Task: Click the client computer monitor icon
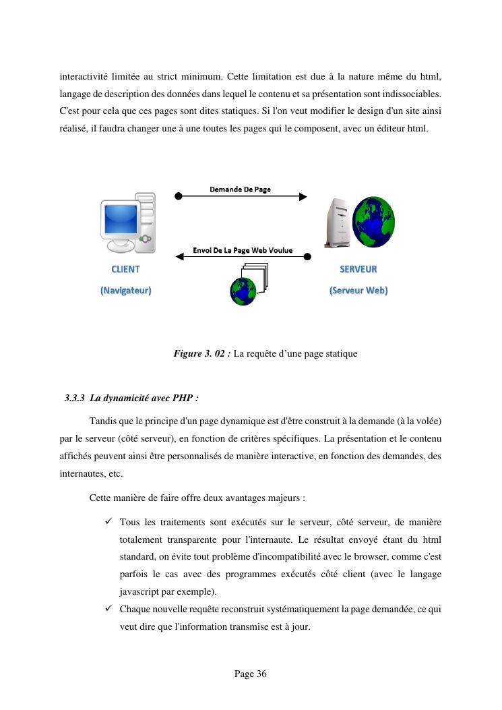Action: [x=121, y=220]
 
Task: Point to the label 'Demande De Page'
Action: [x=240, y=189]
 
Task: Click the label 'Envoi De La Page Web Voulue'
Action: [x=243, y=250]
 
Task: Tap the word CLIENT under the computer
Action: [x=125, y=269]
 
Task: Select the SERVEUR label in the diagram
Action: [x=358, y=269]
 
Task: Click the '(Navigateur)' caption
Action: [x=125, y=291]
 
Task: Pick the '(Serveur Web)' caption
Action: [x=358, y=291]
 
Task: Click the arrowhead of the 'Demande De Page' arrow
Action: [x=303, y=197]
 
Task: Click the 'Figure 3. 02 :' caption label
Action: [x=202, y=353]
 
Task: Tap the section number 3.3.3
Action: [x=75, y=398]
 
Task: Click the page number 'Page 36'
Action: [x=251, y=674]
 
